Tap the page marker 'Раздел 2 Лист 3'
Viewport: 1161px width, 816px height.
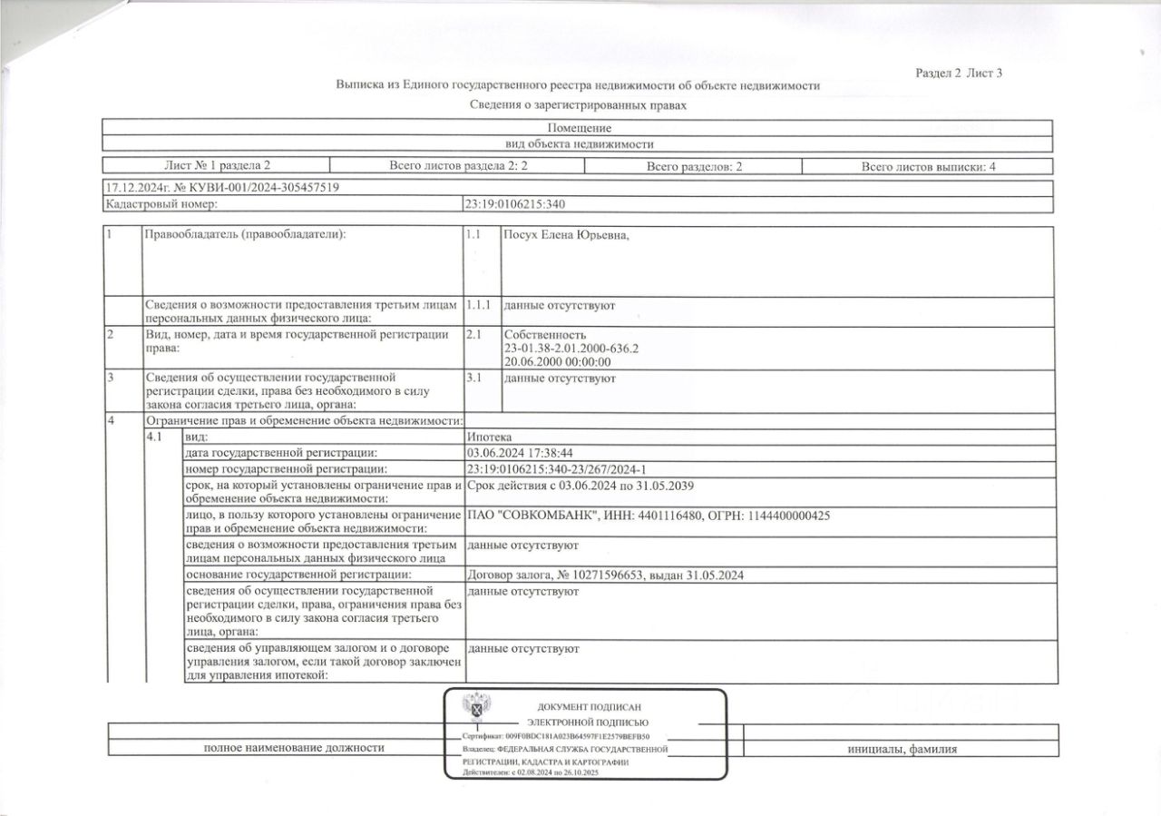(959, 74)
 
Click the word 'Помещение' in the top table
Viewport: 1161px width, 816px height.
(580, 128)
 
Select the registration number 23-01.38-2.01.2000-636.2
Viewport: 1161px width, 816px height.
(571, 349)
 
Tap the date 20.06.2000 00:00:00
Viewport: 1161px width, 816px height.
(557, 361)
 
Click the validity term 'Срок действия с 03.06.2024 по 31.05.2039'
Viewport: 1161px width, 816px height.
(580, 486)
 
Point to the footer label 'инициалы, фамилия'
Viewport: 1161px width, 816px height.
(902, 749)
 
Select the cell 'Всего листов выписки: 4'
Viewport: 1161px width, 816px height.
(929, 166)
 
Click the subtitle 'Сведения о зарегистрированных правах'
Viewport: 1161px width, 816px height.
(579, 105)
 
